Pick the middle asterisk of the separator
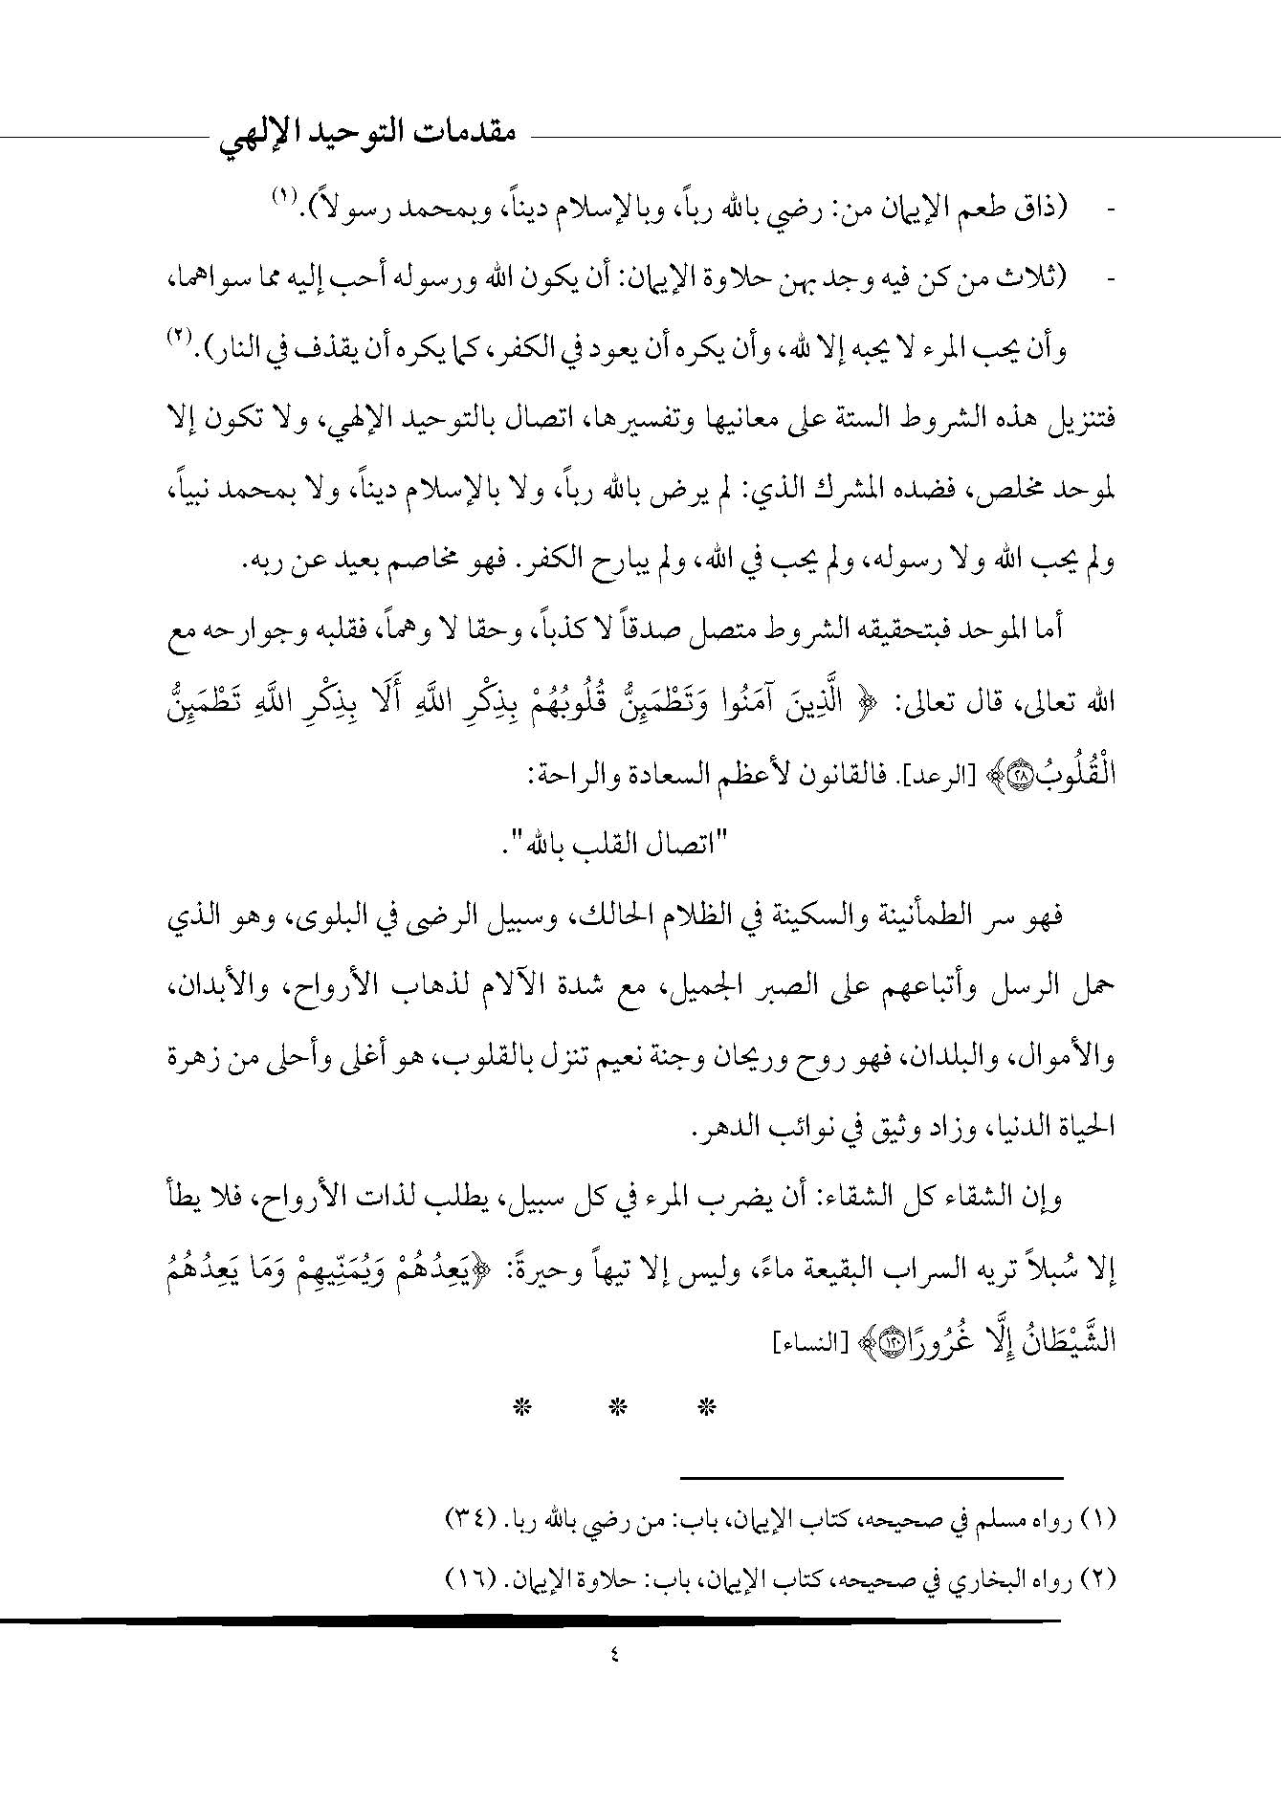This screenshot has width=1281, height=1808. coord(617,1406)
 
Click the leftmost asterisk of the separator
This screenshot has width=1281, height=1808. coord(522,1406)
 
